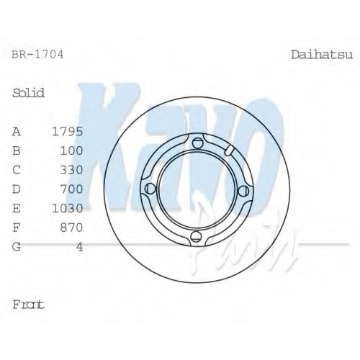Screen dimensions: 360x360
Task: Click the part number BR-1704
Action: [x=37, y=55]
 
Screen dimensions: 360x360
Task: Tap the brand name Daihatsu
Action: [x=322, y=55]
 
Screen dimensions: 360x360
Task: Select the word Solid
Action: [x=29, y=93]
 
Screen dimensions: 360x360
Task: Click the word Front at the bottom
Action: [x=29, y=305]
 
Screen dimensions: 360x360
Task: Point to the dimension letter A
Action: [x=17, y=132]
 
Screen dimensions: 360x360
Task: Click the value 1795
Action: [x=68, y=132]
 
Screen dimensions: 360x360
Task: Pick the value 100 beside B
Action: [x=71, y=150]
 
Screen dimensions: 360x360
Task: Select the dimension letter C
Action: [x=17, y=170]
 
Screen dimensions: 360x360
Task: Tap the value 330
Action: [x=71, y=170]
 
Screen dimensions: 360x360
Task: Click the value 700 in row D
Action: [x=71, y=189]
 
